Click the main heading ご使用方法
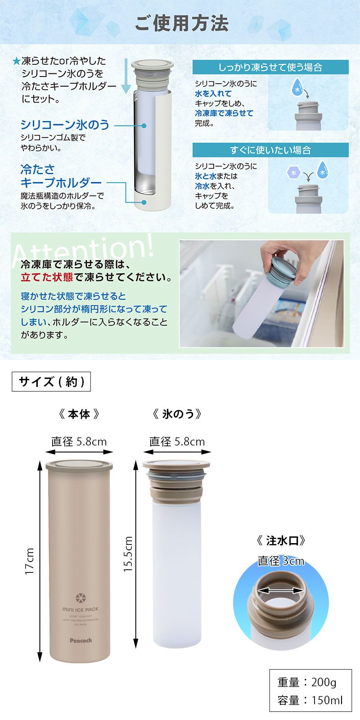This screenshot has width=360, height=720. [x=182, y=23]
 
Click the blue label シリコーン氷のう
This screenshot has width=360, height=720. [x=65, y=124]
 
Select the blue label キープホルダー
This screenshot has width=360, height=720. [x=61, y=183]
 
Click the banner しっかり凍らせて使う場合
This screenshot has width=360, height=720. [x=270, y=67]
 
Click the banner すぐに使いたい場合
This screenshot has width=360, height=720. [x=270, y=150]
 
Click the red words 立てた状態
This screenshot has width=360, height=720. [x=47, y=277]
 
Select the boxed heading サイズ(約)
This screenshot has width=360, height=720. [x=51, y=382]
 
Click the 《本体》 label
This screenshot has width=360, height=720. [x=79, y=414]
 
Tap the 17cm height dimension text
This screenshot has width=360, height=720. [x=30, y=561]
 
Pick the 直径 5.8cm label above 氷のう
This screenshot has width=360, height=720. [x=177, y=441]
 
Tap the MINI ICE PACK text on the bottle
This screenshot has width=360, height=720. [x=80, y=609]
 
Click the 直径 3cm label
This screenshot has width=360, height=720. [x=281, y=561]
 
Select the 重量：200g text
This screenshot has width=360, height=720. [x=306, y=683]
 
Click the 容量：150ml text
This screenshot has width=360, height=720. [x=310, y=700]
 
